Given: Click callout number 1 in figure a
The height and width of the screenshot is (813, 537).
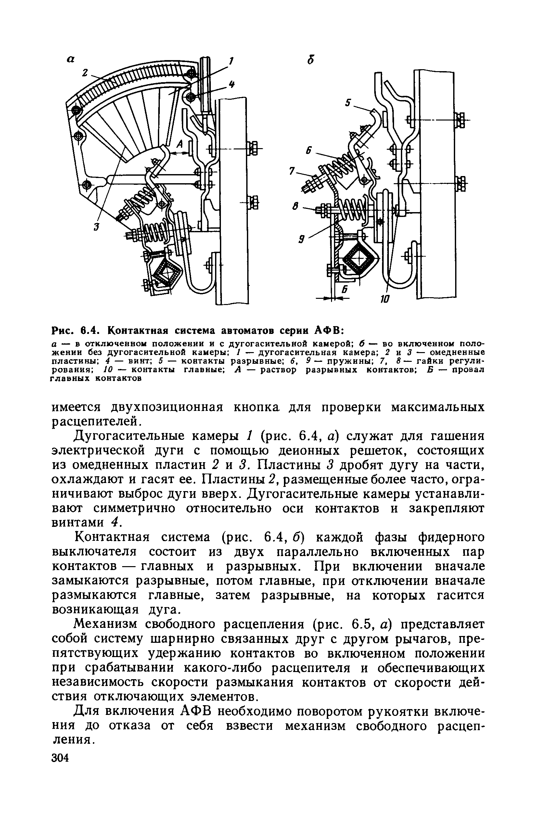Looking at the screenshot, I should click(x=232, y=62).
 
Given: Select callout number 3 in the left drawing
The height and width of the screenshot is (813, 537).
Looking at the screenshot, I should click(x=96, y=227).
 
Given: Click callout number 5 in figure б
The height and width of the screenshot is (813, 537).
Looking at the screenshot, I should click(x=348, y=102).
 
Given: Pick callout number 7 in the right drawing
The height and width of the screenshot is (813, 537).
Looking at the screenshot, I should click(x=292, y=171).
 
